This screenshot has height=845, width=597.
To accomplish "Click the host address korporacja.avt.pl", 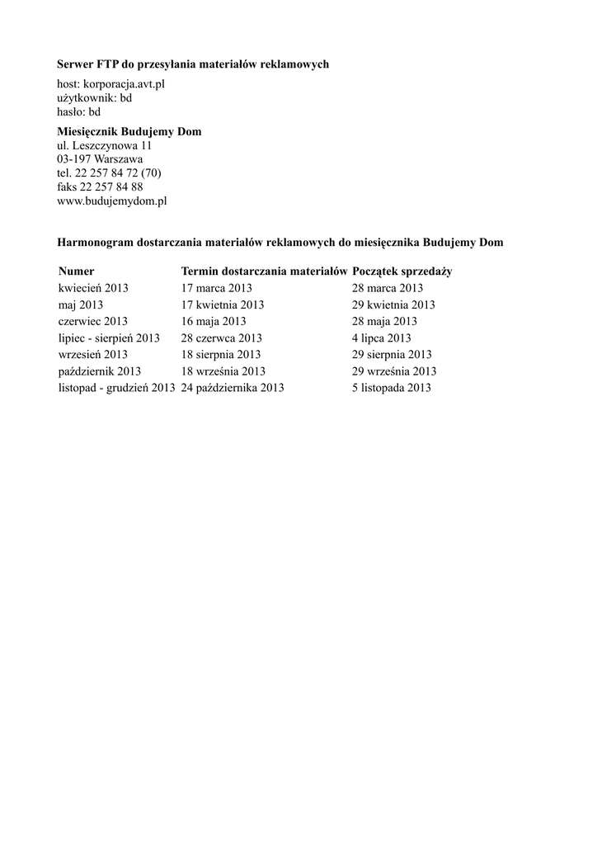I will (x=124, y=84).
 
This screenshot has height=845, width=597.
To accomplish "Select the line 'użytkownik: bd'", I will (x=94, y=97).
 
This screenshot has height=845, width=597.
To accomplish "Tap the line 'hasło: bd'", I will (x=79, y=111).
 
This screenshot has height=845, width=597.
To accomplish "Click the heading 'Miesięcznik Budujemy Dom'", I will (x=129, y=132).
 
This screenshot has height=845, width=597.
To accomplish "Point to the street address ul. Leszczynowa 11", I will (x=104, y=145).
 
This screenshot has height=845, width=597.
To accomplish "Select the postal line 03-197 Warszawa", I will (x=100, y=159).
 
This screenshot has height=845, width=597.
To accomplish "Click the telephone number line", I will (x=109, y=173).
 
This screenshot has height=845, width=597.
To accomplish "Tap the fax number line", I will (x=100, y=186).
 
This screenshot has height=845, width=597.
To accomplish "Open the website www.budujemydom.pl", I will (x=112, y=201).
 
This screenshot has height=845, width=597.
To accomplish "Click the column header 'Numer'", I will (x=77, y=271).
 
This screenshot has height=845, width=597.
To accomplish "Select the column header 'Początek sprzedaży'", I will (x=402, y=271).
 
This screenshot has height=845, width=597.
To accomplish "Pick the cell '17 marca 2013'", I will (x=217, y=288).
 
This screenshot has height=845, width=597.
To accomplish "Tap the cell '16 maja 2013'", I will (x=214, y=321).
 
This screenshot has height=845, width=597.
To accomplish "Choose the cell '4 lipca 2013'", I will (x=381, y=338).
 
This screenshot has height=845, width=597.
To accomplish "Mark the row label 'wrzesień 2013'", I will (x=93, y=355).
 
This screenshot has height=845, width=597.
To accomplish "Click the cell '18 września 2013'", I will (x=223, y=371).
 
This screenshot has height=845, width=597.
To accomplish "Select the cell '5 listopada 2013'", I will (x=391, y=388).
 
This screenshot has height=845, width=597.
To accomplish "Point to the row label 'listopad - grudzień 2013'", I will (x=116, y=388).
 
